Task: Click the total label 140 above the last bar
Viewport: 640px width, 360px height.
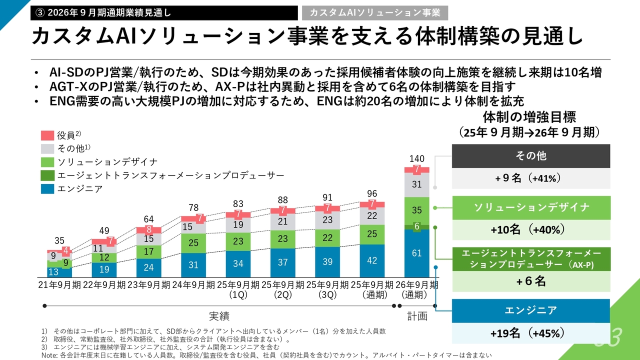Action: click(x=416, y=159)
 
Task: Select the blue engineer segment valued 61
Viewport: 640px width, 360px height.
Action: click(x=416, y=253)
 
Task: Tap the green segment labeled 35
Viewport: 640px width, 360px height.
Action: click(x=416, y=210)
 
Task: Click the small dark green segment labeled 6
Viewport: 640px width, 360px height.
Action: click(x=416, y=226)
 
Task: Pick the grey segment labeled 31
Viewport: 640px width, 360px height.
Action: click(x=416, y=185)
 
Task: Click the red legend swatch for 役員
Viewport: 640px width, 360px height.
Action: click(x=47, y=135)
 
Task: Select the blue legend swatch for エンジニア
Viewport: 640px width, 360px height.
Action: click(x=47, y=189)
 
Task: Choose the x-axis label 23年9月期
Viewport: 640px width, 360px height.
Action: click(x=149, y=284)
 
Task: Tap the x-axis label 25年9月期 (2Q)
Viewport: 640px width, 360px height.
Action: click(x=282, y=289)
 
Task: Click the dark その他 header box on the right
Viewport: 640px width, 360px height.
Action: click(x=530, y=156)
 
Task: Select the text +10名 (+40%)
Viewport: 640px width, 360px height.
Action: click(x=530, y=229)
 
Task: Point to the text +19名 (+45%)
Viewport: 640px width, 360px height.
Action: click(x=530, y=333)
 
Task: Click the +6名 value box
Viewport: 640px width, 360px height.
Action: click(x=530, y=281)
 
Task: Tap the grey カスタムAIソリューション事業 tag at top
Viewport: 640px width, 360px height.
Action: click(x=374, y=12)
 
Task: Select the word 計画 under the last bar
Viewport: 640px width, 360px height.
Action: click(x=416, y=316)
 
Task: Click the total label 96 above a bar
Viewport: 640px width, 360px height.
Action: click(x=372, y=193)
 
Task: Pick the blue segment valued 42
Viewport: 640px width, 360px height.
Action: click(x=372, y=260)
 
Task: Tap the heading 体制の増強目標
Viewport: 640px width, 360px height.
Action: click(x=529, y=117)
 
